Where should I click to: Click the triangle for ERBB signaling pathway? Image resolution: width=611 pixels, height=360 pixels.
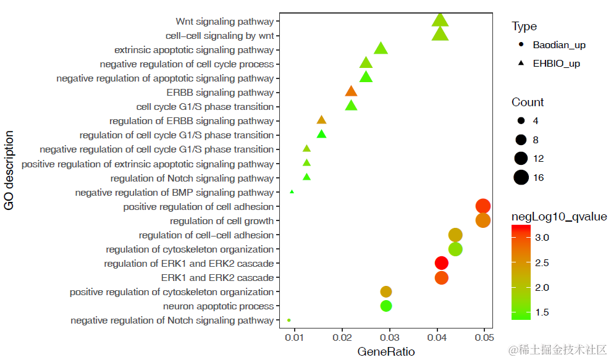(351, 92)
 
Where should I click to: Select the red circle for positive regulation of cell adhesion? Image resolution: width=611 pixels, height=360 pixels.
(483, 206)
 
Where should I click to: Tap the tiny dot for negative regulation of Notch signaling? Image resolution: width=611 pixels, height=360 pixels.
(289, 320)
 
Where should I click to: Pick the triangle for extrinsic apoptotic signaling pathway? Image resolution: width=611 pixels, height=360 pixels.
(381, 49)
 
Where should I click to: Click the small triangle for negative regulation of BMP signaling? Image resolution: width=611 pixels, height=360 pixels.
(292, 192)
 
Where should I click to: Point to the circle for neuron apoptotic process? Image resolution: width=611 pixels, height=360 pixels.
(386, 306)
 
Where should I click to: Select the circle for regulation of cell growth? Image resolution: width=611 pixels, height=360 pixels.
(483, 220)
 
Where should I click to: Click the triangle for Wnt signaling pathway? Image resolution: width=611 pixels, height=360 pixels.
(440, 20)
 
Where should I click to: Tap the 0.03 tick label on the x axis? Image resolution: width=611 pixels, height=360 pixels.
(389, 338)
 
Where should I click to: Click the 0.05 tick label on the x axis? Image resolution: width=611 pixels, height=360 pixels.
(484, 338)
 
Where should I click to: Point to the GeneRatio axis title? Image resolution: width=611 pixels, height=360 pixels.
(386, 351)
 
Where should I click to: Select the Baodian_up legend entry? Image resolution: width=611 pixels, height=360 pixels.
(559, 44)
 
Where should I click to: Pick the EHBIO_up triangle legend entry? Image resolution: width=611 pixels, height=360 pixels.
(556, 63)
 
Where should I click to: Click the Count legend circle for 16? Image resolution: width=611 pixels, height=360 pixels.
(521, 178)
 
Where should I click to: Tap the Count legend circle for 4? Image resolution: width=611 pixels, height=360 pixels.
(521, 120)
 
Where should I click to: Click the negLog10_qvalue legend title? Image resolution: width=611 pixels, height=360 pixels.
(559, 217)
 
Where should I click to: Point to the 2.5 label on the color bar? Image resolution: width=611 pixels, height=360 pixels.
(541, 262)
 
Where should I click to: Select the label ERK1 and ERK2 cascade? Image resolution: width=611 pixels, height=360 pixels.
(217, 278)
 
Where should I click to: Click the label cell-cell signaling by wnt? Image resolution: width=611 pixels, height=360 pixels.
(219, 36)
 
